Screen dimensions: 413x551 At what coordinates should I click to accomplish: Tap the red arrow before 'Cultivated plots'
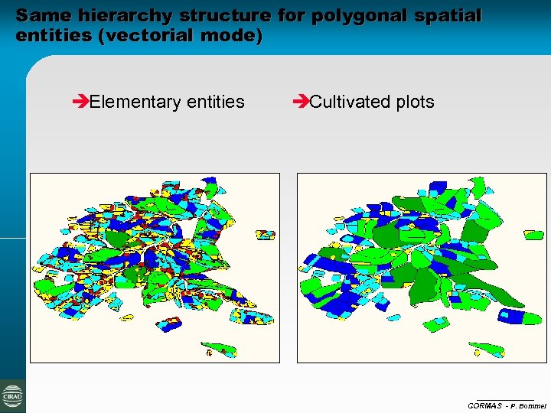[x=300, y=102]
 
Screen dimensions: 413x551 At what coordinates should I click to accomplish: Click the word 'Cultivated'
[x=348, y=102]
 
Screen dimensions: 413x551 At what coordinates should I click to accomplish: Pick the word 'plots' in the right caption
[x=414, y=102]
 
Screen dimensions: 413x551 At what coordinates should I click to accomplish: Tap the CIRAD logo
[x=12, y=396]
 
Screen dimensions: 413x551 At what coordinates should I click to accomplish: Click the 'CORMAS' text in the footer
[x=485, y=405]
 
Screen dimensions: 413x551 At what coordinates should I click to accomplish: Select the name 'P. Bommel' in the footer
[x=529, y=405]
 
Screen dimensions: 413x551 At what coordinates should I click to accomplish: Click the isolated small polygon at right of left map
[x=266, y=235]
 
